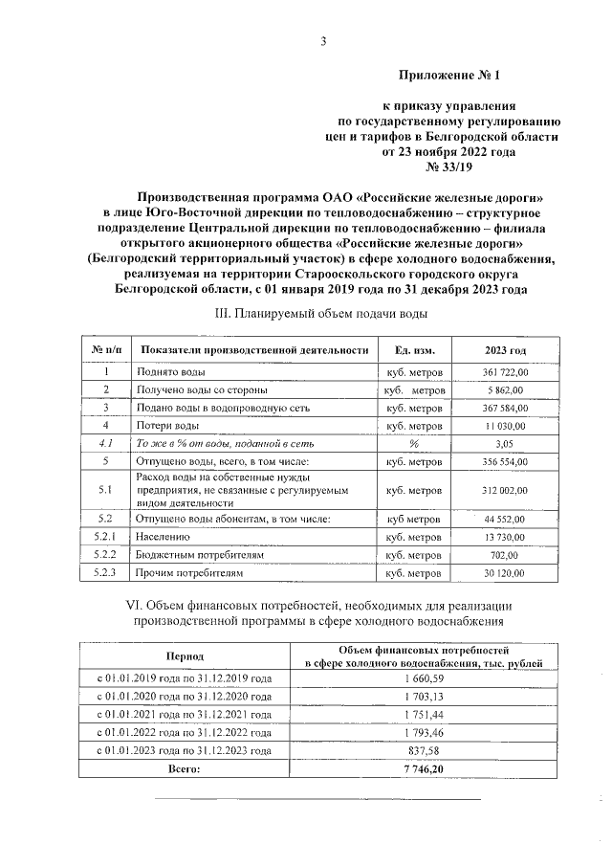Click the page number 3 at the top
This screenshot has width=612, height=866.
coord(323,40)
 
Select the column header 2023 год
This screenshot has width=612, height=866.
coord(504,351)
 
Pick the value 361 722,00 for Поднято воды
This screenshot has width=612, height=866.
coord(504,372)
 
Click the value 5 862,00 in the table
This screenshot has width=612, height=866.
coord(507,389)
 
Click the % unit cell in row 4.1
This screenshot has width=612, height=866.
coord(413,443)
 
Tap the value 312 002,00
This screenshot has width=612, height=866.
coord(504,490)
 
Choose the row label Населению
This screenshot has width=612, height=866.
coord(169,538)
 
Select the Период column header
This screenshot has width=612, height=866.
coord(184,658)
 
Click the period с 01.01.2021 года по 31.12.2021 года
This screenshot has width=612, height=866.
coord(184,715)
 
